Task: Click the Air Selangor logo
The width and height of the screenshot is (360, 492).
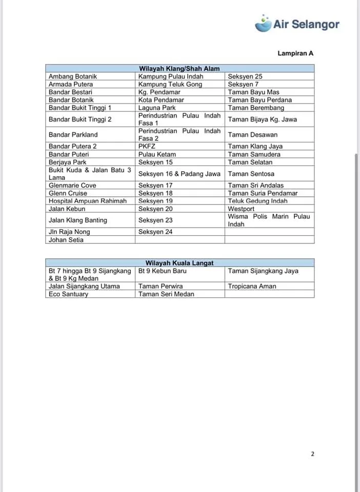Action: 297,24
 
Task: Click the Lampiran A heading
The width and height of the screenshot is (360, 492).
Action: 295,53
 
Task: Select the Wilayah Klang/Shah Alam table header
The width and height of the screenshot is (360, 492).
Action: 179,69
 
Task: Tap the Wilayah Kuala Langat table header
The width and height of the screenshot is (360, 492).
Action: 179,263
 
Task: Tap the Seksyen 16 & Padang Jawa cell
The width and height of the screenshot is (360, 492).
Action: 179,174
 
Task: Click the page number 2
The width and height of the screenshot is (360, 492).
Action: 312,454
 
